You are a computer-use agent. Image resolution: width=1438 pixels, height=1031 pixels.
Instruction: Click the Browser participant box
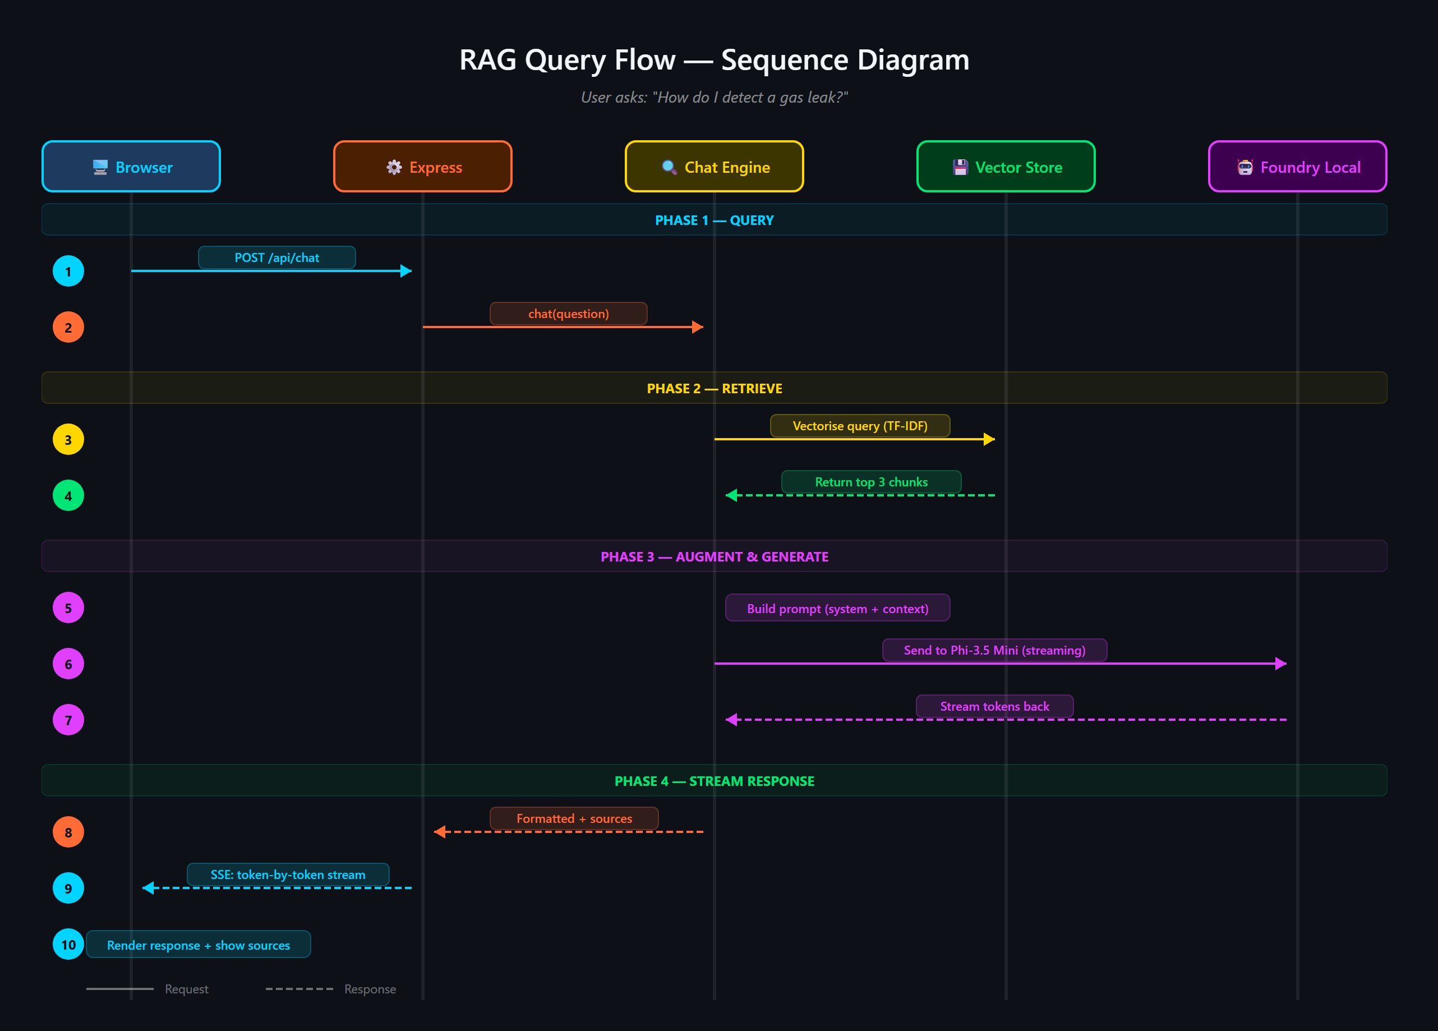pyautogui.click(x=131, y=167)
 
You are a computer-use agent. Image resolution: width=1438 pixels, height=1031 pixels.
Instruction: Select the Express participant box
pyautogui.click(x=423, y=167)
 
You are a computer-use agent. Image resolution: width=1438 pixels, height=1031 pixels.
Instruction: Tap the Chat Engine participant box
pyautogui.click(x=715, y=167)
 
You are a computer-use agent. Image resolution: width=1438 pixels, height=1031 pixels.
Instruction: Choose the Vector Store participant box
pyautogui.click(x=1006, y=167)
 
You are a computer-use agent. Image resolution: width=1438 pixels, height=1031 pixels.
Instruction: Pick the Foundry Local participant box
pyautogui.click(x=1297, y=167)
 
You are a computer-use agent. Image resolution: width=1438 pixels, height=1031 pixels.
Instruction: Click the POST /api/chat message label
pyautogui.click(x=277, y=257)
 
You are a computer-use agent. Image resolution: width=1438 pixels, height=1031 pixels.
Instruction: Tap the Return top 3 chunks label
pyautogui.click(x=871, y=482)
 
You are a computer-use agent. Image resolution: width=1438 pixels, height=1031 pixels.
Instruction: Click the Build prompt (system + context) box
pyautogui.click(x=837, y=608)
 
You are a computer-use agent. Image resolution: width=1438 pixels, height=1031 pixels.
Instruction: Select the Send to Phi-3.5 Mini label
pyautogui.click(x=994, y=650)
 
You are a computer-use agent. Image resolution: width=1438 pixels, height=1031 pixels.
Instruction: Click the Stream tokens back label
pyautogui.click(x=994, y=706)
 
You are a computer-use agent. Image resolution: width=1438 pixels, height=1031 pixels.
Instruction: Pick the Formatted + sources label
pyautogui.click(x=574, y=818)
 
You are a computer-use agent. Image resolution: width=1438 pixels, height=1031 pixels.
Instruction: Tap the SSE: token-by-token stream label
pyautogui.click(x=288, y=874)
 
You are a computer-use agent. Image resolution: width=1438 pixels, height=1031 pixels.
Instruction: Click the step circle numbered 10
pyautogui.click(x=68, y=944)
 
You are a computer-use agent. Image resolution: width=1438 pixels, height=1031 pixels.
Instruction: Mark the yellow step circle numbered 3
pyautogui.click(x=68, y=439)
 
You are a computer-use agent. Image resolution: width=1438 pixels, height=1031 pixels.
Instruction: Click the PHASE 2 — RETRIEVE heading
pyautogui.click(x=715, y=388)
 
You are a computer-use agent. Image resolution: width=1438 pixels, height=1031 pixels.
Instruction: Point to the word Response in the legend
pyautogui.click(x=370, y=989)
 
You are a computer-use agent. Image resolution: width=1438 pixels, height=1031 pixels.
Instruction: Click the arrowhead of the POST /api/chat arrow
pyautogui.click(x=406, y=271)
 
